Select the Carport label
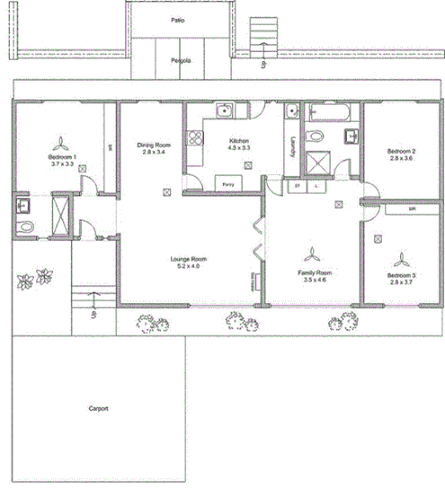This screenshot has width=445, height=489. tap(98, 408)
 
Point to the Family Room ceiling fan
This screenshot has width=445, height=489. tap(312, 253)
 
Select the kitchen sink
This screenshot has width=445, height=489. tap(227, 112)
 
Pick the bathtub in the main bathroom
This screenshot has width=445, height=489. tap(333, 114)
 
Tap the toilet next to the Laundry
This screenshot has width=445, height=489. tap(315, 137)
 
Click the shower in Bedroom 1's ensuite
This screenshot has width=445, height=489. tap(59, 215)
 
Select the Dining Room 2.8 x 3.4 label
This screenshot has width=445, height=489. tap(154, 148)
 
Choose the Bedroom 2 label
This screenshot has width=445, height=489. tap(399, 153)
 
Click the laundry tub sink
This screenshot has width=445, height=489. tap(291, 112)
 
